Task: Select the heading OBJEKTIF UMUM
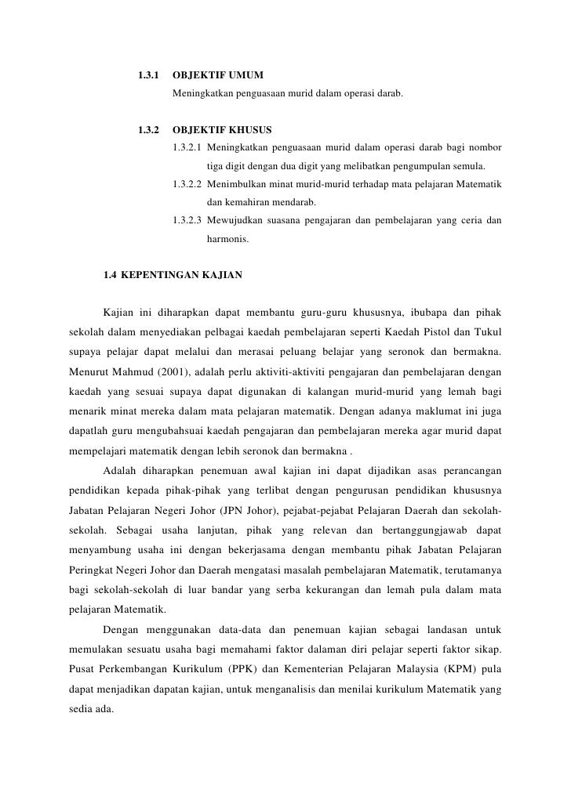coord(217,76)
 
